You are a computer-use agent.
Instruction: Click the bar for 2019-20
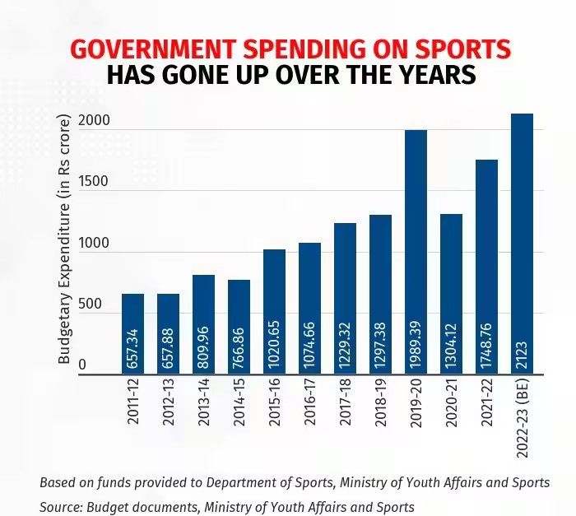click(x=416, y=252)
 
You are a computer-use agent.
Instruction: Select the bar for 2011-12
click(x=132, y=333)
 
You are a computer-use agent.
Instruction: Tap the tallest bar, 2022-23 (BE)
click(x=522, y=244)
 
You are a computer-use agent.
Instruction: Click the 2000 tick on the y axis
click(x=94, y=120)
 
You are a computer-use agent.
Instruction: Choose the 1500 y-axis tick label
click(x=94, y=182)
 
